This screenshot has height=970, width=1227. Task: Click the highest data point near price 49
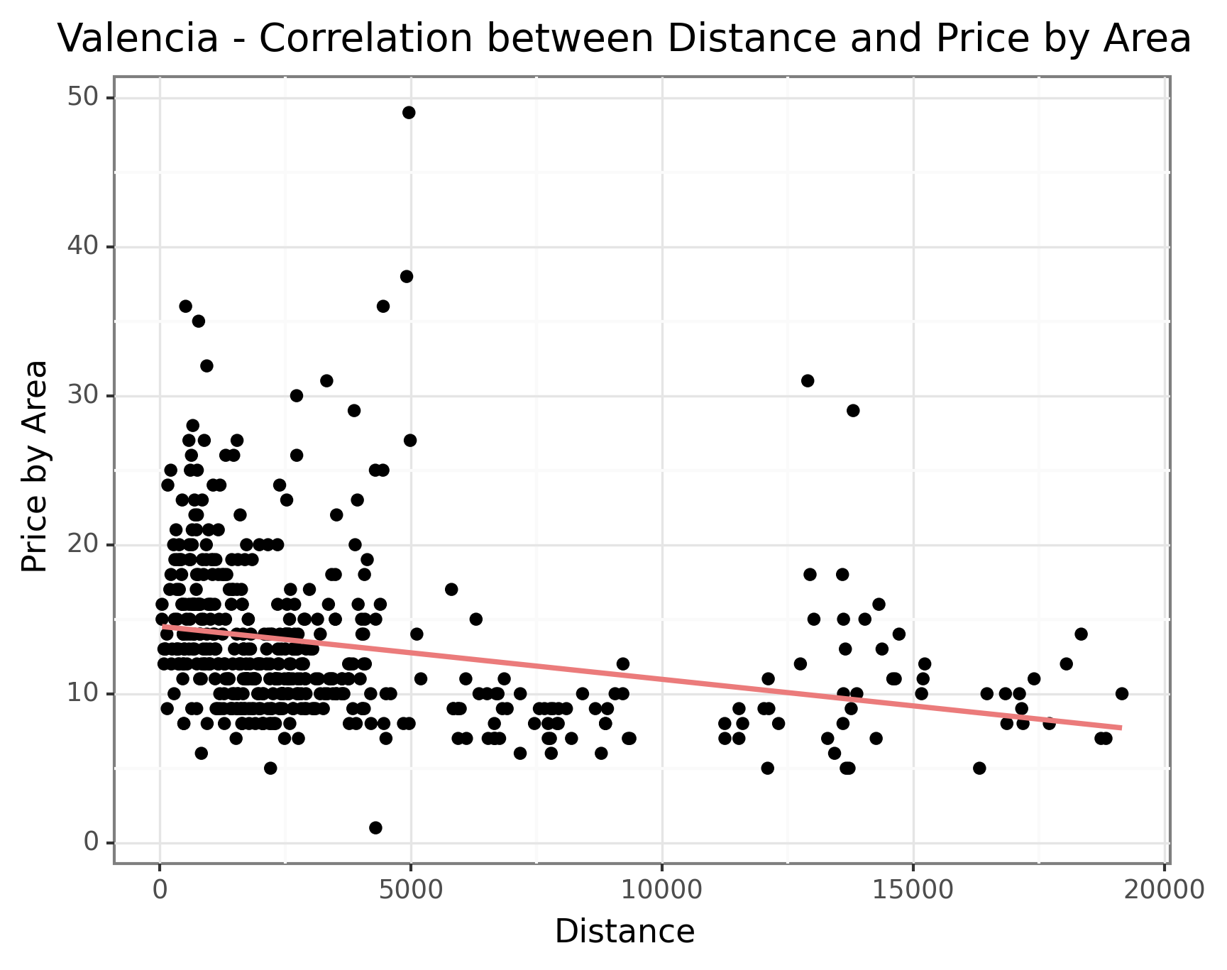(x=409, y=112)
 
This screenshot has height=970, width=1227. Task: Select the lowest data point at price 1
(x=375, y=827)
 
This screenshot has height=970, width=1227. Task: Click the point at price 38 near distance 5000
(x=407, y=276)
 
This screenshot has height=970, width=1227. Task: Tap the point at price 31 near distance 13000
(x=808, y=380)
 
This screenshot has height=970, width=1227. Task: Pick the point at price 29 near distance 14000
(x=853, y=410)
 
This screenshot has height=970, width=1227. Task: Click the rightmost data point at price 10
(x=1121, y=693)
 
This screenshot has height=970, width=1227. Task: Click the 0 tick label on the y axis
(x=90, y=842)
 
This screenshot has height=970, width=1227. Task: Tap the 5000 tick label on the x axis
(x=411, y=890)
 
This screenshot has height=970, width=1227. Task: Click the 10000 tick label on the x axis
(x=661, y=890)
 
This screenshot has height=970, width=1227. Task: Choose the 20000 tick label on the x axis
(x=1164, y=890)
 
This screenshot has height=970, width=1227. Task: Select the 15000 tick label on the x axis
(x=913, y=890)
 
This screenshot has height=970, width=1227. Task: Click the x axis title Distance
(x=624, y=932)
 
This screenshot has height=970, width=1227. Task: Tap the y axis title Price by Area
(x=34, y=466)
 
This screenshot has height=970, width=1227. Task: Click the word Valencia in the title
(x=138, y=38)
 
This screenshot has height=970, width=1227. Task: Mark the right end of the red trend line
(x=1121, y=727)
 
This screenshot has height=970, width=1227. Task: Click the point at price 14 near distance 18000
(x=1081, y=634)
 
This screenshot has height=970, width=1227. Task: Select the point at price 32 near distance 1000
(x=207, y=365)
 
